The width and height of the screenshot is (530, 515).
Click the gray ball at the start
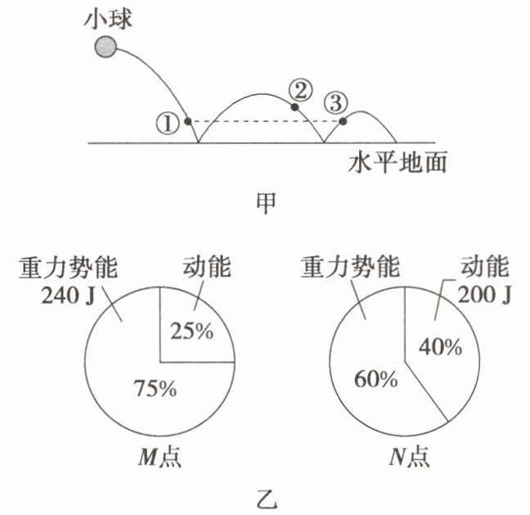[x=104, y=47]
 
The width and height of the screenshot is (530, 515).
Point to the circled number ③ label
[x=335, y=102]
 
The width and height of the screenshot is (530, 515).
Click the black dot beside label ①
[x=187, y=121]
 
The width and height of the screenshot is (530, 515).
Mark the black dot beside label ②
[x=295, y=106]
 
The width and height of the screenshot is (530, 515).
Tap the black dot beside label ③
[x=344, y=121]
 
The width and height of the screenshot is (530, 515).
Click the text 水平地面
[x=397, y=162]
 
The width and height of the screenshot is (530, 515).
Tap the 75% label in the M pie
[x=155, y=388]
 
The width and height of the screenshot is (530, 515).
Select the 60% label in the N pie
[x=375, y=380]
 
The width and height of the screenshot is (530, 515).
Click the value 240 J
[x=62, y=294]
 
